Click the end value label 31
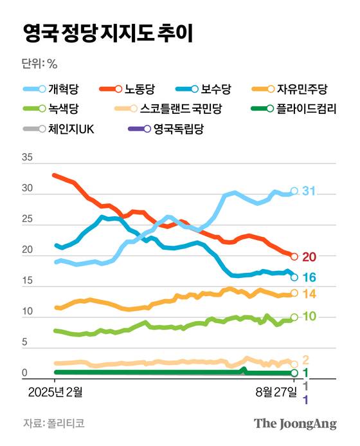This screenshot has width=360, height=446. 309,191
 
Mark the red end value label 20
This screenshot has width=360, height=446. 309,257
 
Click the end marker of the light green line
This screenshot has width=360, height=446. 294,317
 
